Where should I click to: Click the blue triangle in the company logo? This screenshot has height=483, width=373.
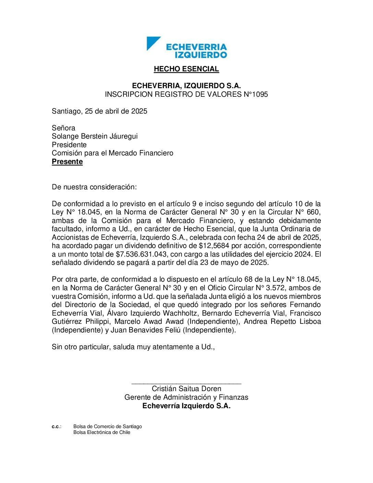[x=152, y=43]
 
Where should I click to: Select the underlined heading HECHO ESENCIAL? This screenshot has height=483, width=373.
[x=186, y=69]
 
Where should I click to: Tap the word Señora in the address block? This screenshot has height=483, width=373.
[x=63, y=128]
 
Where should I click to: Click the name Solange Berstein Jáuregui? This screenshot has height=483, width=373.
[x=95, y=136]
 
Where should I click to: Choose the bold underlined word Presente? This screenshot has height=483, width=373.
[x=67, y=162]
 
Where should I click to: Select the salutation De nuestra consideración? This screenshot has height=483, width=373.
[x=94, y=187]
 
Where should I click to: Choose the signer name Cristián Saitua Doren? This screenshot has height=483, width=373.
[x=186, y=389]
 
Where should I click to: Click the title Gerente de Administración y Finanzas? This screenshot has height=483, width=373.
[x=186, y=397]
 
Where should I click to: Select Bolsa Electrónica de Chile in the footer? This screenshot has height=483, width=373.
[x=102, y=433]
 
